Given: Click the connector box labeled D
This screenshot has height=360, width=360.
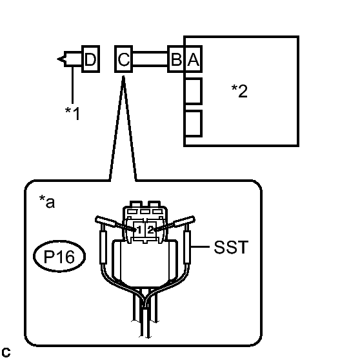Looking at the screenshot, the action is (x=91, y=59).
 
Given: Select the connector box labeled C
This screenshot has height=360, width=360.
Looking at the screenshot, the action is (x=123, y=59).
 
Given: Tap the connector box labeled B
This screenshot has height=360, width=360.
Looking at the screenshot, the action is (x=176, y=59).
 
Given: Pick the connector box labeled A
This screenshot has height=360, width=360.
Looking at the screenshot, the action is (x=193, y=59).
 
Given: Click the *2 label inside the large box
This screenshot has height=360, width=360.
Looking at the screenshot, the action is (x=239, y=91).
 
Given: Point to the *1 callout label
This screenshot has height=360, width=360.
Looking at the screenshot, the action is (x=72, y=114).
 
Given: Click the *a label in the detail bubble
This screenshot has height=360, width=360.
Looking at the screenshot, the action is (x=47, y=201).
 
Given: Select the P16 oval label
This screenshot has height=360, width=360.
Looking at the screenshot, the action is (x=59, y=256).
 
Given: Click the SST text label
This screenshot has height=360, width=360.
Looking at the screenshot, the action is (x=231, y=247).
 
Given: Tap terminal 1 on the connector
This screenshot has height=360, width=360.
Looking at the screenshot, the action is (x=139, y=230).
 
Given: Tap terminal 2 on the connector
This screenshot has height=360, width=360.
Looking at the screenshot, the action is (x=150, y=230).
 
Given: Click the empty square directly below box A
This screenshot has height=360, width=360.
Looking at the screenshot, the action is (x=193, y=91).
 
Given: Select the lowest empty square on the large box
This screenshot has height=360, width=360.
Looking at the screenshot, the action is (x=193, y=123).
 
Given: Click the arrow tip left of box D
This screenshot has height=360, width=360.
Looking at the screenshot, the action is (x=57, y=59).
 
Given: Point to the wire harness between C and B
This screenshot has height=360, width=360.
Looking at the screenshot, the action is (x=150, y=59).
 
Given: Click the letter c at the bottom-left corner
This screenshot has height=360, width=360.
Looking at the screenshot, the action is (x=6, y=352).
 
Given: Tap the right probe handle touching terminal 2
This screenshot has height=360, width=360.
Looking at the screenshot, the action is (x=184, y=221).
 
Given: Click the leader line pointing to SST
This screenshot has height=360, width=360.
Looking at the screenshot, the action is (x=200, y=247).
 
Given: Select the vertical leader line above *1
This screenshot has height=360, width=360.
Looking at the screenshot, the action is (x=72, y=85).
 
